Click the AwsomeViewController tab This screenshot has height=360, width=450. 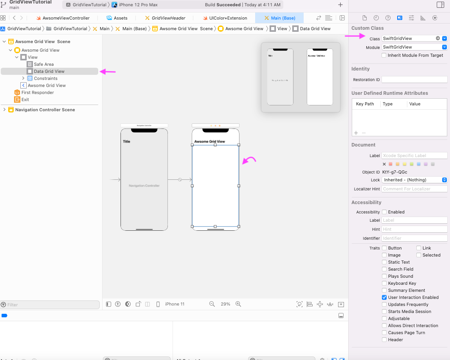(x=66, y=18)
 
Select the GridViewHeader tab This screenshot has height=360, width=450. (x=168, y=18)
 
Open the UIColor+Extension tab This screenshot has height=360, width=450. (x=228, y=18)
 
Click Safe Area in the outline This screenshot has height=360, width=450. (x=43, y=64)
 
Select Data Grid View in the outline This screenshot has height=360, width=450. (x=49, y=71)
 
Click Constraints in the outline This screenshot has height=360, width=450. (x=45, y=78)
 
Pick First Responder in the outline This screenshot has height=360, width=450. (x=38, y=92)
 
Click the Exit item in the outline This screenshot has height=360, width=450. (x=25, y=99)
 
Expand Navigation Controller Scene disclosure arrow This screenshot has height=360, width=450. (x=4, y=110)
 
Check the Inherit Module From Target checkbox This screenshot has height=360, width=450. (x=384, y=55)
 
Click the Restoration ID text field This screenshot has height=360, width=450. (x=414, y=80)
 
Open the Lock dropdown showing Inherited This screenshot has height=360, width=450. (x=414, y=180)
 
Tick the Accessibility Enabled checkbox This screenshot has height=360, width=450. (x=384, y=212)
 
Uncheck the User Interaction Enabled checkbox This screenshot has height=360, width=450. (x=384, y=297)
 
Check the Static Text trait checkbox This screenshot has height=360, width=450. (x=384, y=262)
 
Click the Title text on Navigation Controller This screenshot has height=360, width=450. (x=126, y=141)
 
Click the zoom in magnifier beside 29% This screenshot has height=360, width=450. (x=238, y=304)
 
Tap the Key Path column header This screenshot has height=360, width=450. (x=365, y=104)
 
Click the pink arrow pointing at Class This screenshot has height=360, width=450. (x=355, y=36)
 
